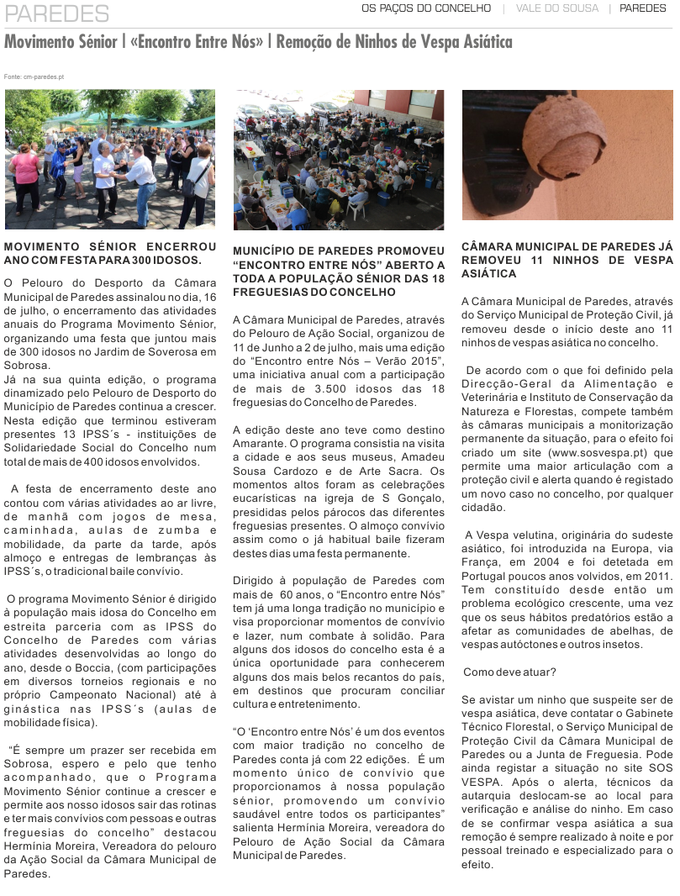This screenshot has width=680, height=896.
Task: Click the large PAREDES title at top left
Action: coord(57,13)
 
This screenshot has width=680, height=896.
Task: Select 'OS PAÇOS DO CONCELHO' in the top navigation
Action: coord(426,8)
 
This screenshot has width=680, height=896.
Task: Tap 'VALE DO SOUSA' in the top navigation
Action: coord(557,8)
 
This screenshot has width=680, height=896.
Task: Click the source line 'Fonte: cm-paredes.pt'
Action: coord(34,76)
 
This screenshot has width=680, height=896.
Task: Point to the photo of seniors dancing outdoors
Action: coord(110,159)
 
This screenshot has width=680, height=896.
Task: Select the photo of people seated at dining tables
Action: coord(339,160)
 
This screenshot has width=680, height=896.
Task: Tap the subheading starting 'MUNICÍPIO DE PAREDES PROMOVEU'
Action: coord(339,251)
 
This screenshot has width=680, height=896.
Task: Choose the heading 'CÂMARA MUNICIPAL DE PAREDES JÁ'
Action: coord(567,247)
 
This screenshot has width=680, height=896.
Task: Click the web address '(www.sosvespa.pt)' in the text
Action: coord(591,452)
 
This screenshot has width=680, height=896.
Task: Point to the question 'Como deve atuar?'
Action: coord(509,672)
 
